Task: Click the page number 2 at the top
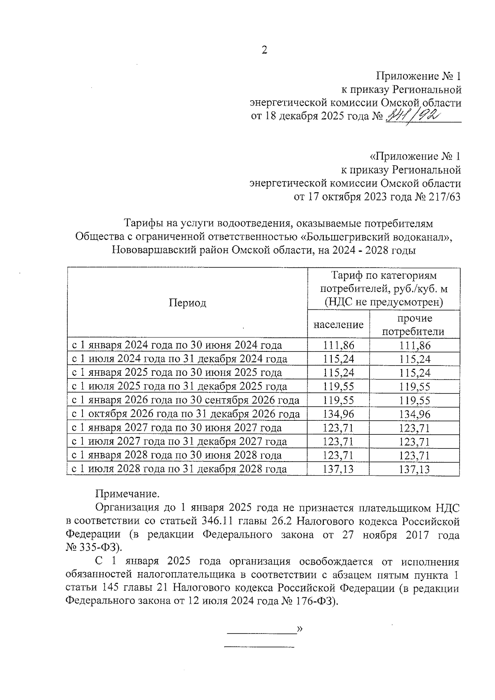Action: pos(264,50)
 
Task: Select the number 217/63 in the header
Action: pos(443,197)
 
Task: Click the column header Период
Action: pos(187,303)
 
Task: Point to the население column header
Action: pos(338,325)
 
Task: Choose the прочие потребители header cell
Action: pos(414,325)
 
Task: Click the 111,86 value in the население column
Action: pos(338,345)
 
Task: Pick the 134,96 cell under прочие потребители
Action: pos(415,414)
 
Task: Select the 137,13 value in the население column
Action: pos(338,469)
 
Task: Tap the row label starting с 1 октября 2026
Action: pos(186,414)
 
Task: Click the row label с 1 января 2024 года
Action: pos(177,345)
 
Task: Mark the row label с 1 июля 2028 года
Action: pos(179,469)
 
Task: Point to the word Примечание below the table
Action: pos(127,494)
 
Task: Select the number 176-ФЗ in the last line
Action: pos(316,601)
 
